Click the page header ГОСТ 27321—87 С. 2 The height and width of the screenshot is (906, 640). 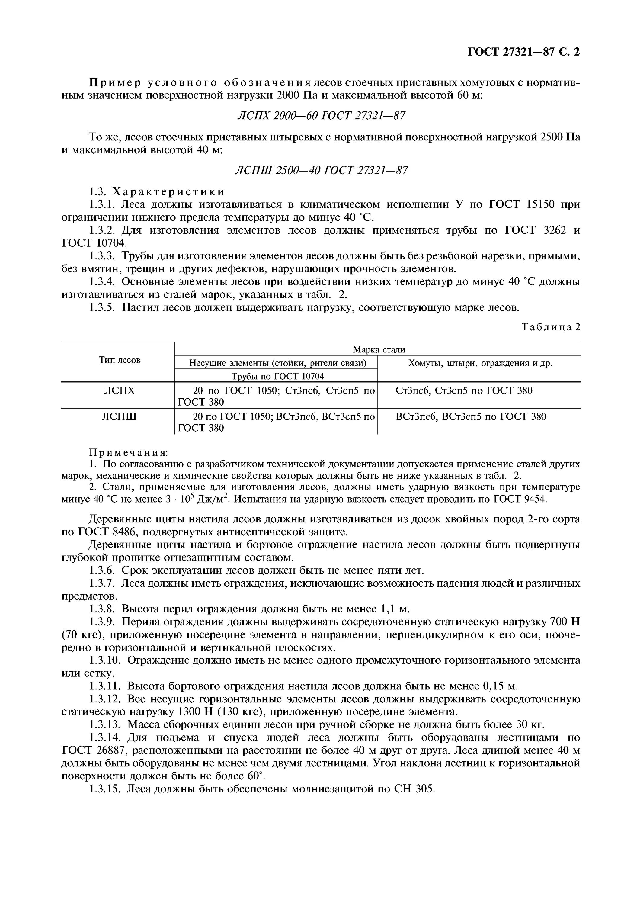(523, 52)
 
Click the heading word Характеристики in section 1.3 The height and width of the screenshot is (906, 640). (168, 192)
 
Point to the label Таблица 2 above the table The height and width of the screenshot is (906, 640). (550, 327)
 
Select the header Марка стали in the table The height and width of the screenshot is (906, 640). (379, 349)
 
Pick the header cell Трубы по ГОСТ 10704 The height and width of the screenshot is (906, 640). (277, 376)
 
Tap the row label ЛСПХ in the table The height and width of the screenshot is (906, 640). (119, 390)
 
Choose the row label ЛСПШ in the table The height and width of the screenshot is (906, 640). (119, 416)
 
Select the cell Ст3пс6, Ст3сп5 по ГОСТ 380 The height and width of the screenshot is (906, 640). (464, 390)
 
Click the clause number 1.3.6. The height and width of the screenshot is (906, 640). (102, 570)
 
